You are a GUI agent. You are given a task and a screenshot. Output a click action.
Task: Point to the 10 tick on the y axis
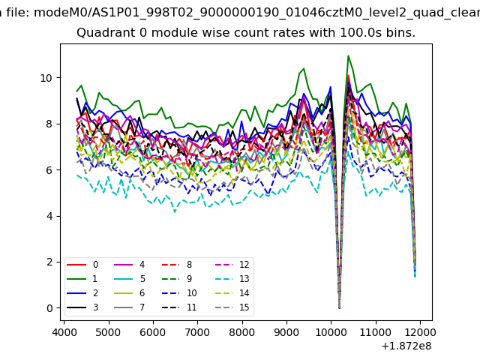pyautogui.click(x=46, y=77)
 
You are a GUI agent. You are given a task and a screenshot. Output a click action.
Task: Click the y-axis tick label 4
pyautogui.click(x=49, y=216)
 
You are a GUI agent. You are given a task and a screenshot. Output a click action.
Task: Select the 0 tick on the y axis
pyautogui.click(x=49, y=308)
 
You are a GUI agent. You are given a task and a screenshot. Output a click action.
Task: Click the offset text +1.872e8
pyautogui.click(x=405, y=346)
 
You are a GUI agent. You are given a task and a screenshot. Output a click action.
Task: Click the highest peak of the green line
pyautogui.click(x=348, y=55)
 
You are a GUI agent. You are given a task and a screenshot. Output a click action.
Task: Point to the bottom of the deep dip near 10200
pyautogui.click(x=339, y=307)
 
